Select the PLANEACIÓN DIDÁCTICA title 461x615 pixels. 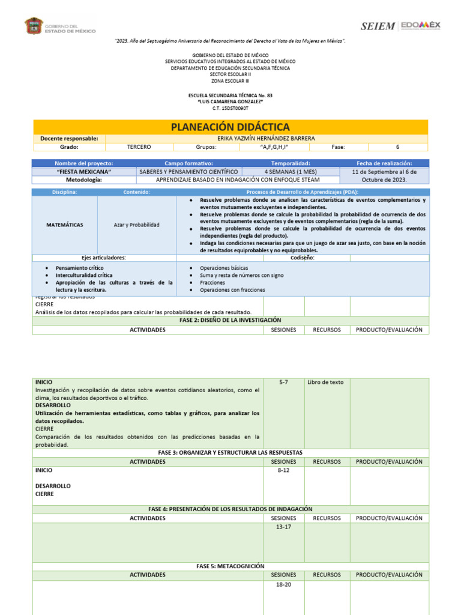pos(230,127)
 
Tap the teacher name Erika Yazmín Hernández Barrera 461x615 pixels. pos(266,138)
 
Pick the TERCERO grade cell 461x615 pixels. pos(139,147)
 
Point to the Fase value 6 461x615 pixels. pos(397,147)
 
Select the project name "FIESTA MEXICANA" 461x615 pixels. pos(84,171)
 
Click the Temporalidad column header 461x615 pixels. pos(291,163)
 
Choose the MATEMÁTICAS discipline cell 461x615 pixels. pos(65,225)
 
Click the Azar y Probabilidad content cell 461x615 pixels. pos(137,225)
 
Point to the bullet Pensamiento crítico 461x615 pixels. pos(79,267)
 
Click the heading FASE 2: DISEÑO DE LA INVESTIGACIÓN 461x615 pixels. pos(230,320)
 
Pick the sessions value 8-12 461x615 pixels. pos(283,471)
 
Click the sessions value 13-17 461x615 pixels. pos(283,527)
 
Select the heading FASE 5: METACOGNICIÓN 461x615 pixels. pos(230,566)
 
